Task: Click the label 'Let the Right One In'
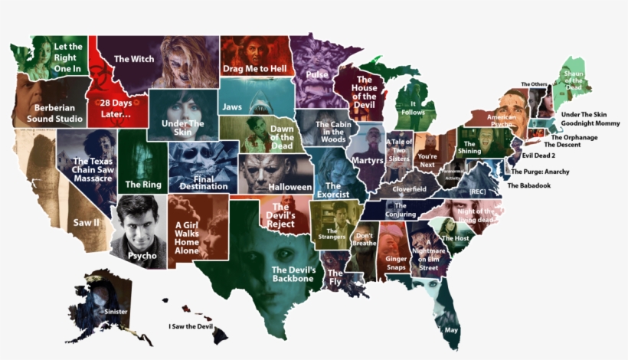[67, 57]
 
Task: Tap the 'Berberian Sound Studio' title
[54, 113]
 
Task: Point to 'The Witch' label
[134, 59]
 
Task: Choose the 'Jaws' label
[231, 106]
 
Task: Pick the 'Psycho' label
[142, 255]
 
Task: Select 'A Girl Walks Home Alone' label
[187, 226]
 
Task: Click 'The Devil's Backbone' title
[294, 273]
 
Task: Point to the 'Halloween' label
[290, 187]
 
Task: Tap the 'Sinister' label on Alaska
[116, 312]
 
